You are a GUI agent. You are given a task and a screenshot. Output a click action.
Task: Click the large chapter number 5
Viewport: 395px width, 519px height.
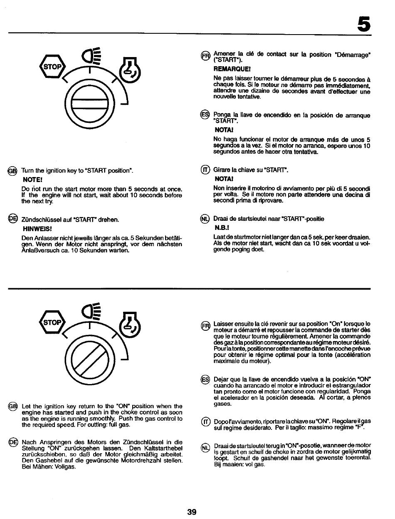click(x=363, y=25)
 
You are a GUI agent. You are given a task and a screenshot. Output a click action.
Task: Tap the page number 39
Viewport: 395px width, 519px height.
click(x=192, y=512)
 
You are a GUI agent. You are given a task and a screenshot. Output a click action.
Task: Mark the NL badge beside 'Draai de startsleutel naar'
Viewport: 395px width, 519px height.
click(x=205, y=220)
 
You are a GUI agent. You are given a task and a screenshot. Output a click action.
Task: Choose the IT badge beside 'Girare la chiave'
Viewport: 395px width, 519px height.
click(x=205, y=170)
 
